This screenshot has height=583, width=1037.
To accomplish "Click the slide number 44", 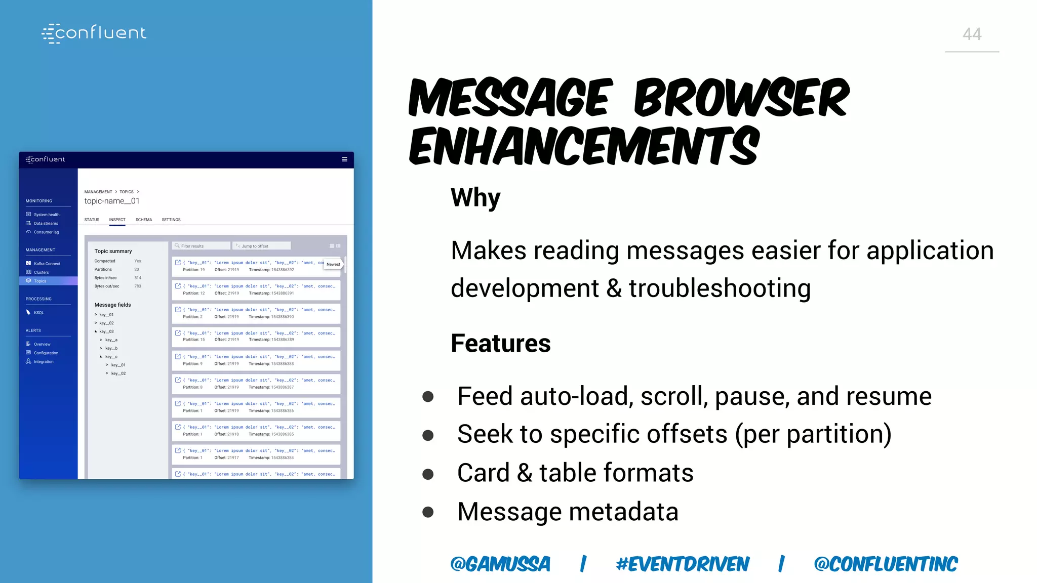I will [972, 34].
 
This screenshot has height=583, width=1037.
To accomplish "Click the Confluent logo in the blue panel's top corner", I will [94, 33].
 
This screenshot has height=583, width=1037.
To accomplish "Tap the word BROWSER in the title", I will [741, 98].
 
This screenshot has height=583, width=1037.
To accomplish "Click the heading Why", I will [475, 197].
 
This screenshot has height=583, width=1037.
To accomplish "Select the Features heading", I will [500, 343].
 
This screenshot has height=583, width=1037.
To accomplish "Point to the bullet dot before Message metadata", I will [428, 512].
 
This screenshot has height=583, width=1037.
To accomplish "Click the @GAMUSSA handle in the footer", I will [500, 564].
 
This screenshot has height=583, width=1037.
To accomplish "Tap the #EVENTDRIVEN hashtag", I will [682, 564].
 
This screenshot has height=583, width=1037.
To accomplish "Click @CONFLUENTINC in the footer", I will [886, 564].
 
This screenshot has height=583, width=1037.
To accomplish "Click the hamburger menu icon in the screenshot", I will [344, 159].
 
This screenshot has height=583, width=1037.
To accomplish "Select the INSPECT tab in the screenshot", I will [117, 220].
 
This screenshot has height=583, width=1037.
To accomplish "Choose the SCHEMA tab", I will [144, 220].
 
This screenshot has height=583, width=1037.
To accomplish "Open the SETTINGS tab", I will [171, 220].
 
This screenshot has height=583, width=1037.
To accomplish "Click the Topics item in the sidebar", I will [40, 281].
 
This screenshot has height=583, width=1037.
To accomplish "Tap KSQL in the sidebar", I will [38, 313].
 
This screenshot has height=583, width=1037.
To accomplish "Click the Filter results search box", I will [202, 246].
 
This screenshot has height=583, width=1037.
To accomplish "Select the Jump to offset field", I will [262, 246].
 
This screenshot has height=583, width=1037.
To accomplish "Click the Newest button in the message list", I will [333, 264].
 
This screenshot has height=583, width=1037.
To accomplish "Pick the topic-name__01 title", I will [112, 201].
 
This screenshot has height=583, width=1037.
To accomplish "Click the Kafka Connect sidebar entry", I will [47, 264].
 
